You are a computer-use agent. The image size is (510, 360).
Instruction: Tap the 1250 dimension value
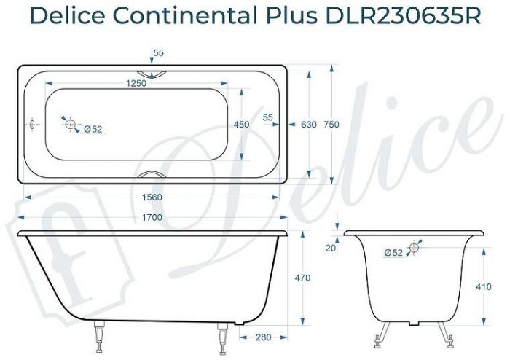[x=136, y=83]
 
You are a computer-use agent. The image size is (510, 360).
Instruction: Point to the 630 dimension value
[x=308, y=125]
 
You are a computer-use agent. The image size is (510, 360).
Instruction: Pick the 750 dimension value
[x=331, y=125]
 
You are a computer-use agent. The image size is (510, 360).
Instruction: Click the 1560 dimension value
[x=150, y=197]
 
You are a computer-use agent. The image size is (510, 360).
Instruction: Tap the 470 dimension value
[x=302, y=278]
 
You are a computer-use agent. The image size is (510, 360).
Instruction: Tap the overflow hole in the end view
[x=415, y=248]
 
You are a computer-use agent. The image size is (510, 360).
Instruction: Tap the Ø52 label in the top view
[x=93, y=129]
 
